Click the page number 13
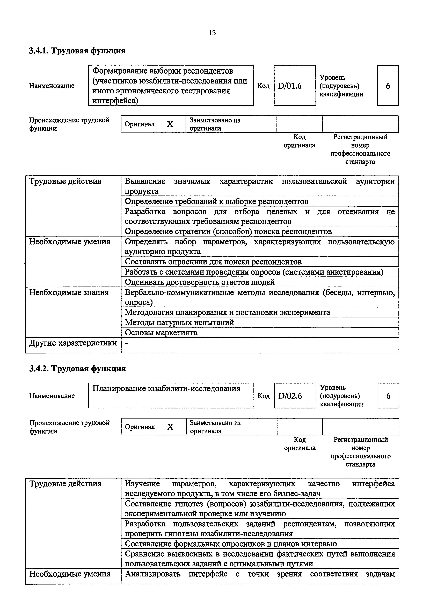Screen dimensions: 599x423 [x=212, y=33]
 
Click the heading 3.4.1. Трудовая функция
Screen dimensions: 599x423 [x=77, y=51]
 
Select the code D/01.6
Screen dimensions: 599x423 [x=290, y=86]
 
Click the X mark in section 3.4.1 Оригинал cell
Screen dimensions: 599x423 [x=170, y=124]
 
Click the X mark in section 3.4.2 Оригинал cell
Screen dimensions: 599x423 [x=170, y=427]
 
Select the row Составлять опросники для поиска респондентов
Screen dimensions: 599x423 [x=213, y=262]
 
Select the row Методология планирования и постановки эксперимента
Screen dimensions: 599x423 [x=227, y=312]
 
